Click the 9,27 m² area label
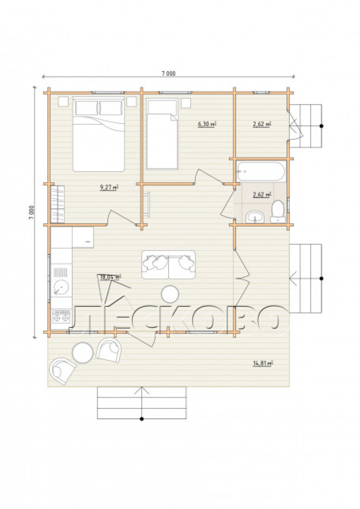110,187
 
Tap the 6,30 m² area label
207,124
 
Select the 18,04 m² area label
110,277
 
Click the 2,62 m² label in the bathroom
262,195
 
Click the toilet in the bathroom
278,211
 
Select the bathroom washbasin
255,217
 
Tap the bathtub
261,171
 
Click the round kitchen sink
61,287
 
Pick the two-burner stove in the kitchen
61,316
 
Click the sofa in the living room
169,265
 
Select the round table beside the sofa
170,294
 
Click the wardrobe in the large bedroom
58,204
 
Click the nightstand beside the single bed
186,103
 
